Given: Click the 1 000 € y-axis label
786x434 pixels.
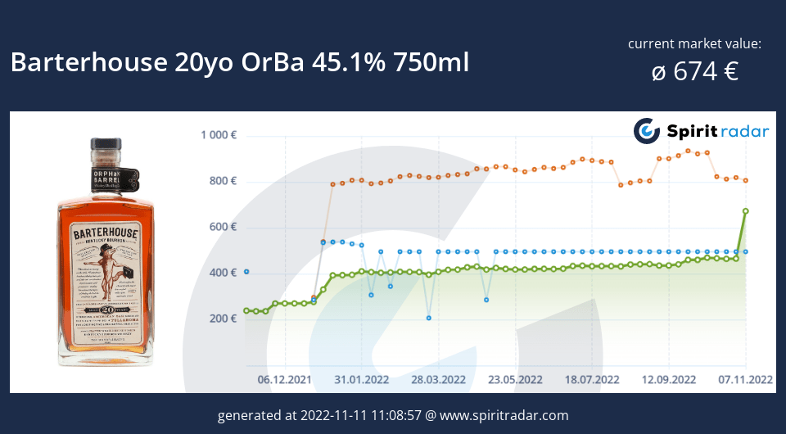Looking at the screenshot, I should tap(218, 135).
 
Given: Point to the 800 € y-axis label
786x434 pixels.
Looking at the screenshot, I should tap(222, 181).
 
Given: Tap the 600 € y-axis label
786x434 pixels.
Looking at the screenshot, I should tap(222, 227).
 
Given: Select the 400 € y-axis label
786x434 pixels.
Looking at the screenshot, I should tap(222, 273).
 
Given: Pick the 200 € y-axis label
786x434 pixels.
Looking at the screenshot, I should tap(222, 319).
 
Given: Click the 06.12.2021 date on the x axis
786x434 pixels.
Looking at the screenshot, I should tap(285, 379).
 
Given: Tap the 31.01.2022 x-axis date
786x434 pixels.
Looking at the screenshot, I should tap(361, 379).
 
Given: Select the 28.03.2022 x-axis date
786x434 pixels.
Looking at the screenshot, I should tap(438, 379).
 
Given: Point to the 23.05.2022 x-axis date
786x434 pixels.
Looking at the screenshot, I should tap(515, 379).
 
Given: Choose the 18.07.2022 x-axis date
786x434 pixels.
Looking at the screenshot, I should tap(592, 379).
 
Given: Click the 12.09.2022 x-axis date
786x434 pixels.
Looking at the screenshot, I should tap(669, 379).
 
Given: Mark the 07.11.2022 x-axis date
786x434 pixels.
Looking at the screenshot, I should tap(745, 379).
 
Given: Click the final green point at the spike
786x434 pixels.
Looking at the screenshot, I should tap(746, 211).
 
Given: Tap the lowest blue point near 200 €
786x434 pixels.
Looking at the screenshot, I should tap(428, 318).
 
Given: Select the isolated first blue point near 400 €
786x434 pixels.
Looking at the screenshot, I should tap(246, 272).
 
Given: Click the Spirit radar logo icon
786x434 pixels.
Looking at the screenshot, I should tap(647, 131).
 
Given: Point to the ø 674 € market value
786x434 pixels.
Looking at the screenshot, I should tap(694, 72).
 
